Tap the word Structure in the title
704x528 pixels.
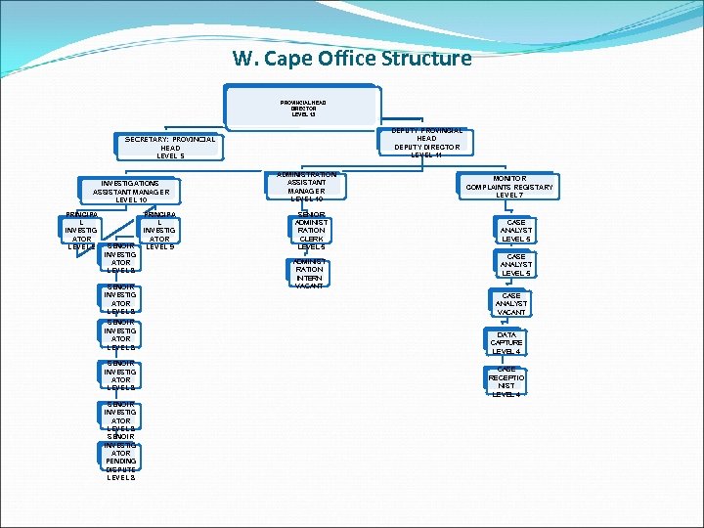coord(420,58)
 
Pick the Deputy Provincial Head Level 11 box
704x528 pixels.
coord(426,143)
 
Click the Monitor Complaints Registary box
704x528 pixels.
coord(509,187)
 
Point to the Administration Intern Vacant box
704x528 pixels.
coord(310,273)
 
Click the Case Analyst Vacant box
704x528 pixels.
coord(510,304)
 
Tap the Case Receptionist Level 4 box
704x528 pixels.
coord(506,380)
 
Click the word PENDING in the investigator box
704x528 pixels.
coord(121,461)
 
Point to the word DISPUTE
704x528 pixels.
coord(121,468)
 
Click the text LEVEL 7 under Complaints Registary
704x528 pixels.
coord(509,196)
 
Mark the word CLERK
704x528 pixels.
coord(311,239)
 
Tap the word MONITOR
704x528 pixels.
coord(509,178)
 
